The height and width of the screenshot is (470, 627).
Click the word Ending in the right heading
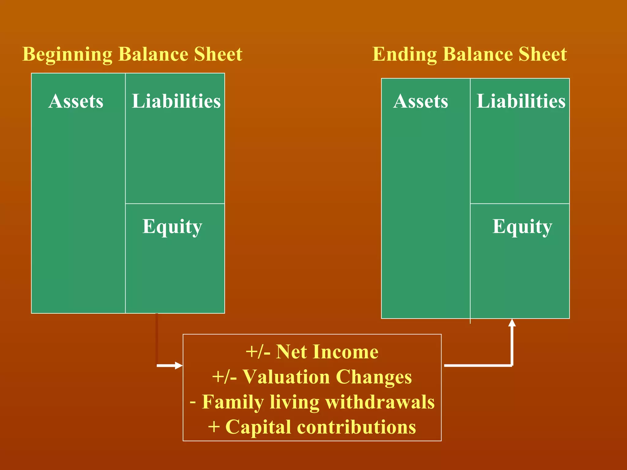(404, 54)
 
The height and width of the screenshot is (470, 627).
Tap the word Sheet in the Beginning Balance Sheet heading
(218, 54)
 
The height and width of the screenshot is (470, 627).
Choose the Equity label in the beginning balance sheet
(172, 227)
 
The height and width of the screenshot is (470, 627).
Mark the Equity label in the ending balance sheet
(522, 227)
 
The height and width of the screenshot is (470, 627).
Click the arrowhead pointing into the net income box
(179, 365)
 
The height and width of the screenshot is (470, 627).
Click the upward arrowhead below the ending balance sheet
(512, 323)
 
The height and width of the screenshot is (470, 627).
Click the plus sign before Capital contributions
(214, 427)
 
